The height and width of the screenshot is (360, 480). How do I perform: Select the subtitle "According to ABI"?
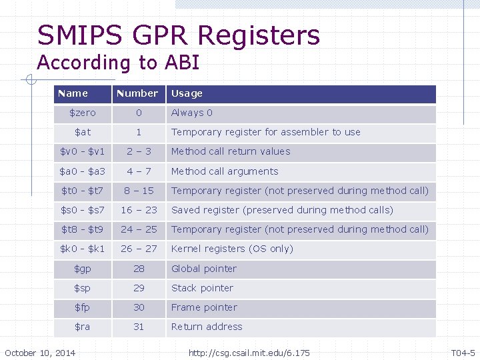click(118, 63)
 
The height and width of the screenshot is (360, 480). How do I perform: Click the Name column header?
click(73, 93)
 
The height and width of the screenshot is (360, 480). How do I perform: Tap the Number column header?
click(137, 93)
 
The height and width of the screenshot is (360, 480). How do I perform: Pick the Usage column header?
click(187, 93)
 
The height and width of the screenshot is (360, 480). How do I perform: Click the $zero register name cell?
click(83, 113)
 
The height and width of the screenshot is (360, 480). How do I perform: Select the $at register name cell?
click(83, 132)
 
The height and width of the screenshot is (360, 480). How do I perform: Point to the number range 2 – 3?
click(139, 151)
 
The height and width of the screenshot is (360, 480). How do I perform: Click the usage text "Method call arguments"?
click(225, 171)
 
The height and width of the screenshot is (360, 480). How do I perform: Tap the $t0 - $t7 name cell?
click(83, 191)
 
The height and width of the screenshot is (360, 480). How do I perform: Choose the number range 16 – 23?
click(139, 210)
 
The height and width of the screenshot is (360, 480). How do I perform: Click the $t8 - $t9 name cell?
click(83, 229)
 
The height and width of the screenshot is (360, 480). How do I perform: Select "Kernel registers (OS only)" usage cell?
click(232, 249)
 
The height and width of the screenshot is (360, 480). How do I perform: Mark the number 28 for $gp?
click(139, 269)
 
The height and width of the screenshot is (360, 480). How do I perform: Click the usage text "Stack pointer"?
click(202, 288)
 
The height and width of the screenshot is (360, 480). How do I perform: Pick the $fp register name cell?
click(83, 307)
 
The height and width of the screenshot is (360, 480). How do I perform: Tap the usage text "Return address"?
click(207, 327)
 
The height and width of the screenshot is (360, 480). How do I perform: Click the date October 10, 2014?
click(40, 352)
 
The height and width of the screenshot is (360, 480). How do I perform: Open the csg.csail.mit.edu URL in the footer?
click(249, 352)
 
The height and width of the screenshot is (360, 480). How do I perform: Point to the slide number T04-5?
click(463, 352)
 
